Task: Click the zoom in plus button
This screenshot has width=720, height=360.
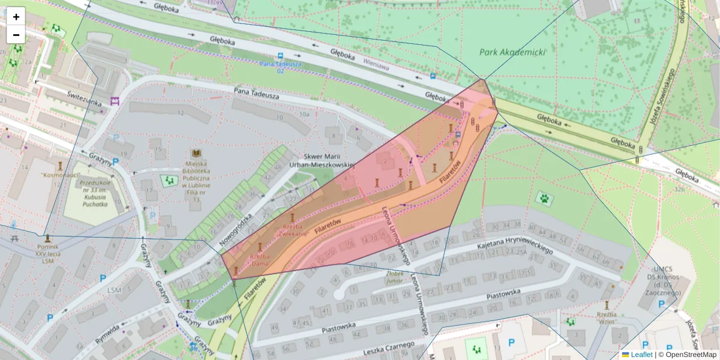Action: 16,17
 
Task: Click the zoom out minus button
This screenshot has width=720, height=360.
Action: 16,35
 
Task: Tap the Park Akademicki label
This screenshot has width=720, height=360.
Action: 512,52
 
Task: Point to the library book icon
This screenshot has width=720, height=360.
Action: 196,154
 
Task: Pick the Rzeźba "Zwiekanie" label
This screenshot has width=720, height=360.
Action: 294,231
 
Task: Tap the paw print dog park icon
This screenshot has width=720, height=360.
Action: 544,197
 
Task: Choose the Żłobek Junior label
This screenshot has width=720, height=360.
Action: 394,275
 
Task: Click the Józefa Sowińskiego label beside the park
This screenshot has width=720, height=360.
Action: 662,96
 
